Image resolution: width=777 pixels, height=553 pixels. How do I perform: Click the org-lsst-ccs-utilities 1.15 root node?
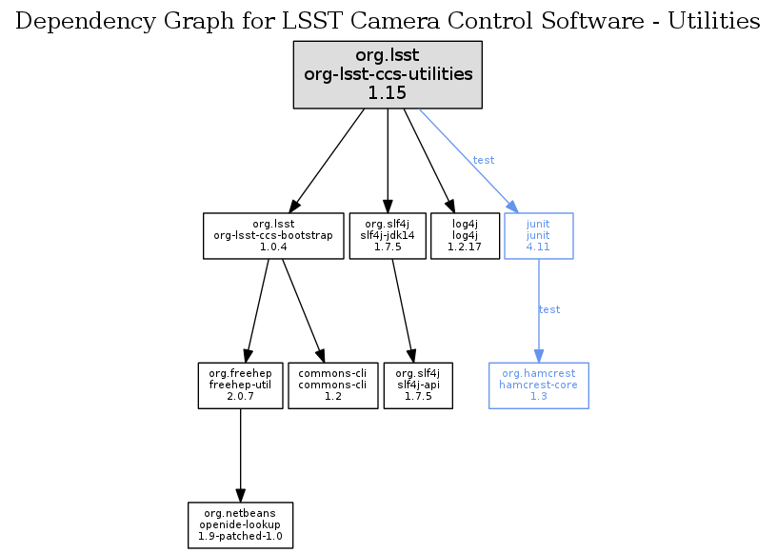pyautogui.click(x=388, y=74)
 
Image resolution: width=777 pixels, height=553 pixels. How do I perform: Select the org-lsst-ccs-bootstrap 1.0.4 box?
pyautogui.click(x=273, y=235)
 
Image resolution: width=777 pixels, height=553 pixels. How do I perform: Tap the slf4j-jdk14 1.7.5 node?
pyautogui.click(x=387, y=235)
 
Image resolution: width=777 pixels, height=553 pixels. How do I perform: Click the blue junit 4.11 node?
pyautogui.click(x=539, y=235)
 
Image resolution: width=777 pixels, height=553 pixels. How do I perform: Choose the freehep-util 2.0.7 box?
pyautogui.click(x=240, y=385)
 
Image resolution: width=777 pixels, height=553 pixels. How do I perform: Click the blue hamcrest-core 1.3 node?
pyautogui.click(x=538, y=385)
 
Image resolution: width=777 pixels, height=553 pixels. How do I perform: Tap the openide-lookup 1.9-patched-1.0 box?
pyautogui.click(x=240, y=525)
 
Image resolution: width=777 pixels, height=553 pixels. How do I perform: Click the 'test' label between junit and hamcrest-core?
pyautogui.click(x=549, y=310)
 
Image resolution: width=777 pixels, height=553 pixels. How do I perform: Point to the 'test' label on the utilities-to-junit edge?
pyautogui.click(x=484, y=161)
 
